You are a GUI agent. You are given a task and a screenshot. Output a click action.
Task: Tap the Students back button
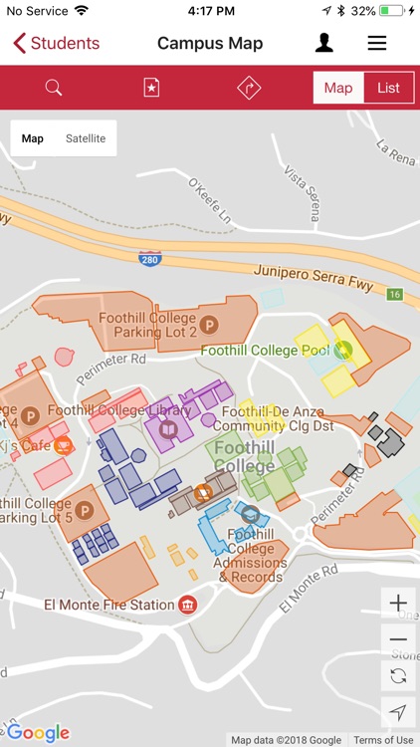tap(57, 43)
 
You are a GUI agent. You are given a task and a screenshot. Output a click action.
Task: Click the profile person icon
tap(324, 43)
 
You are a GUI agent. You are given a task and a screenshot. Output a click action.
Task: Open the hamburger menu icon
tap(377, 43)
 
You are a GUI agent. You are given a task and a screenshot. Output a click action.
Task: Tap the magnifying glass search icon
tap(54, 88)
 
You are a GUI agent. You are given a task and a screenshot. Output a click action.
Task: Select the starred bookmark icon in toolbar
tap(151, 88)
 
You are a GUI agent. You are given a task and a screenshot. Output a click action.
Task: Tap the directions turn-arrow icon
tap(248, 88)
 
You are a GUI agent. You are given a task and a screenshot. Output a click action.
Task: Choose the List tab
tap(388, 88)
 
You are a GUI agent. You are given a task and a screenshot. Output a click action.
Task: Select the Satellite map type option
tap(86, 138)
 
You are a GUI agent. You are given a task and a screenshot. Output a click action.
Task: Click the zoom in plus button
tap(398, 604)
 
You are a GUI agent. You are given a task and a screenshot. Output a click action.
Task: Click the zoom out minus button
tap(398, 639)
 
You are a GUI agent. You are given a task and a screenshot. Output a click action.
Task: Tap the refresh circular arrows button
tap(398, 675)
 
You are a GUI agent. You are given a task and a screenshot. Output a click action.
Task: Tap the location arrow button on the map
tap(398, 712)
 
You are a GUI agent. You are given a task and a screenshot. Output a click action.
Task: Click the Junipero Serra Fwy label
tap(314, 275)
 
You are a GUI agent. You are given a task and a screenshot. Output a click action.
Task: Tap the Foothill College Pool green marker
tap(344, 350)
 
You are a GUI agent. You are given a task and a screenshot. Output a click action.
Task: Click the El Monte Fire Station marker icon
tap(187, 605)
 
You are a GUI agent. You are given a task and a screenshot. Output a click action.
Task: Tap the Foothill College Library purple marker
tap(168, 430)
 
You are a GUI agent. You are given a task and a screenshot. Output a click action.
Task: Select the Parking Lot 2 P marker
tap(209, 324)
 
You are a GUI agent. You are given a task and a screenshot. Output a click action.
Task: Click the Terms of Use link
tap(383, 740)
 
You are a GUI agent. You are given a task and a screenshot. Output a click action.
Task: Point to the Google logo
tap(38, 733)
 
